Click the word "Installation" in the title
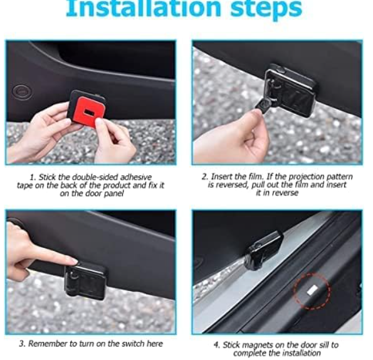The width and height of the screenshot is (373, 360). pyautogui.click(x=144, y=8)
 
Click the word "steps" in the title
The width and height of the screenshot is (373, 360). pyautogui.click(x=266, y=9)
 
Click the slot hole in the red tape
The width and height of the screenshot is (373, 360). pyautogui.click(x=89, y=111)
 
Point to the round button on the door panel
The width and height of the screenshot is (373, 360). pyautogui.click(x=22, y=91)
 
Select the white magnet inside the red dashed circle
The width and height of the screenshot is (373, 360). pyautogui.click(x=312, y=290)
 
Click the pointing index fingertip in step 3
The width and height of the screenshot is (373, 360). pyautogui.click(x=74, y=262)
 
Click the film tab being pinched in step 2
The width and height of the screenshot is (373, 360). pyautogui.click(x=263, y=106)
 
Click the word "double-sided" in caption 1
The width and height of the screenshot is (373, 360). pyautogui.click(x=95, y=177)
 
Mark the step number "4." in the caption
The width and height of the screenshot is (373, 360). pyautogui.click(x=217, y=345)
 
